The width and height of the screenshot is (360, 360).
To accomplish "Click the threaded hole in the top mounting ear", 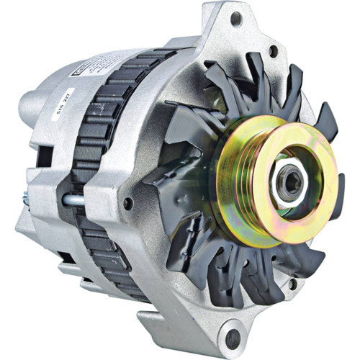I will click(236, 19).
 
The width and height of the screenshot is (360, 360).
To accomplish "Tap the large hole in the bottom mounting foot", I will click(232, 338).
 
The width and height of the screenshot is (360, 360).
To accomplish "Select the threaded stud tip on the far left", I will click(25, 195).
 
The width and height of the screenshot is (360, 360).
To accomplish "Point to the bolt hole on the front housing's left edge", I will click(127, 204).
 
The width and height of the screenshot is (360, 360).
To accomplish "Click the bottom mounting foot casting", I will click(216, 331).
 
